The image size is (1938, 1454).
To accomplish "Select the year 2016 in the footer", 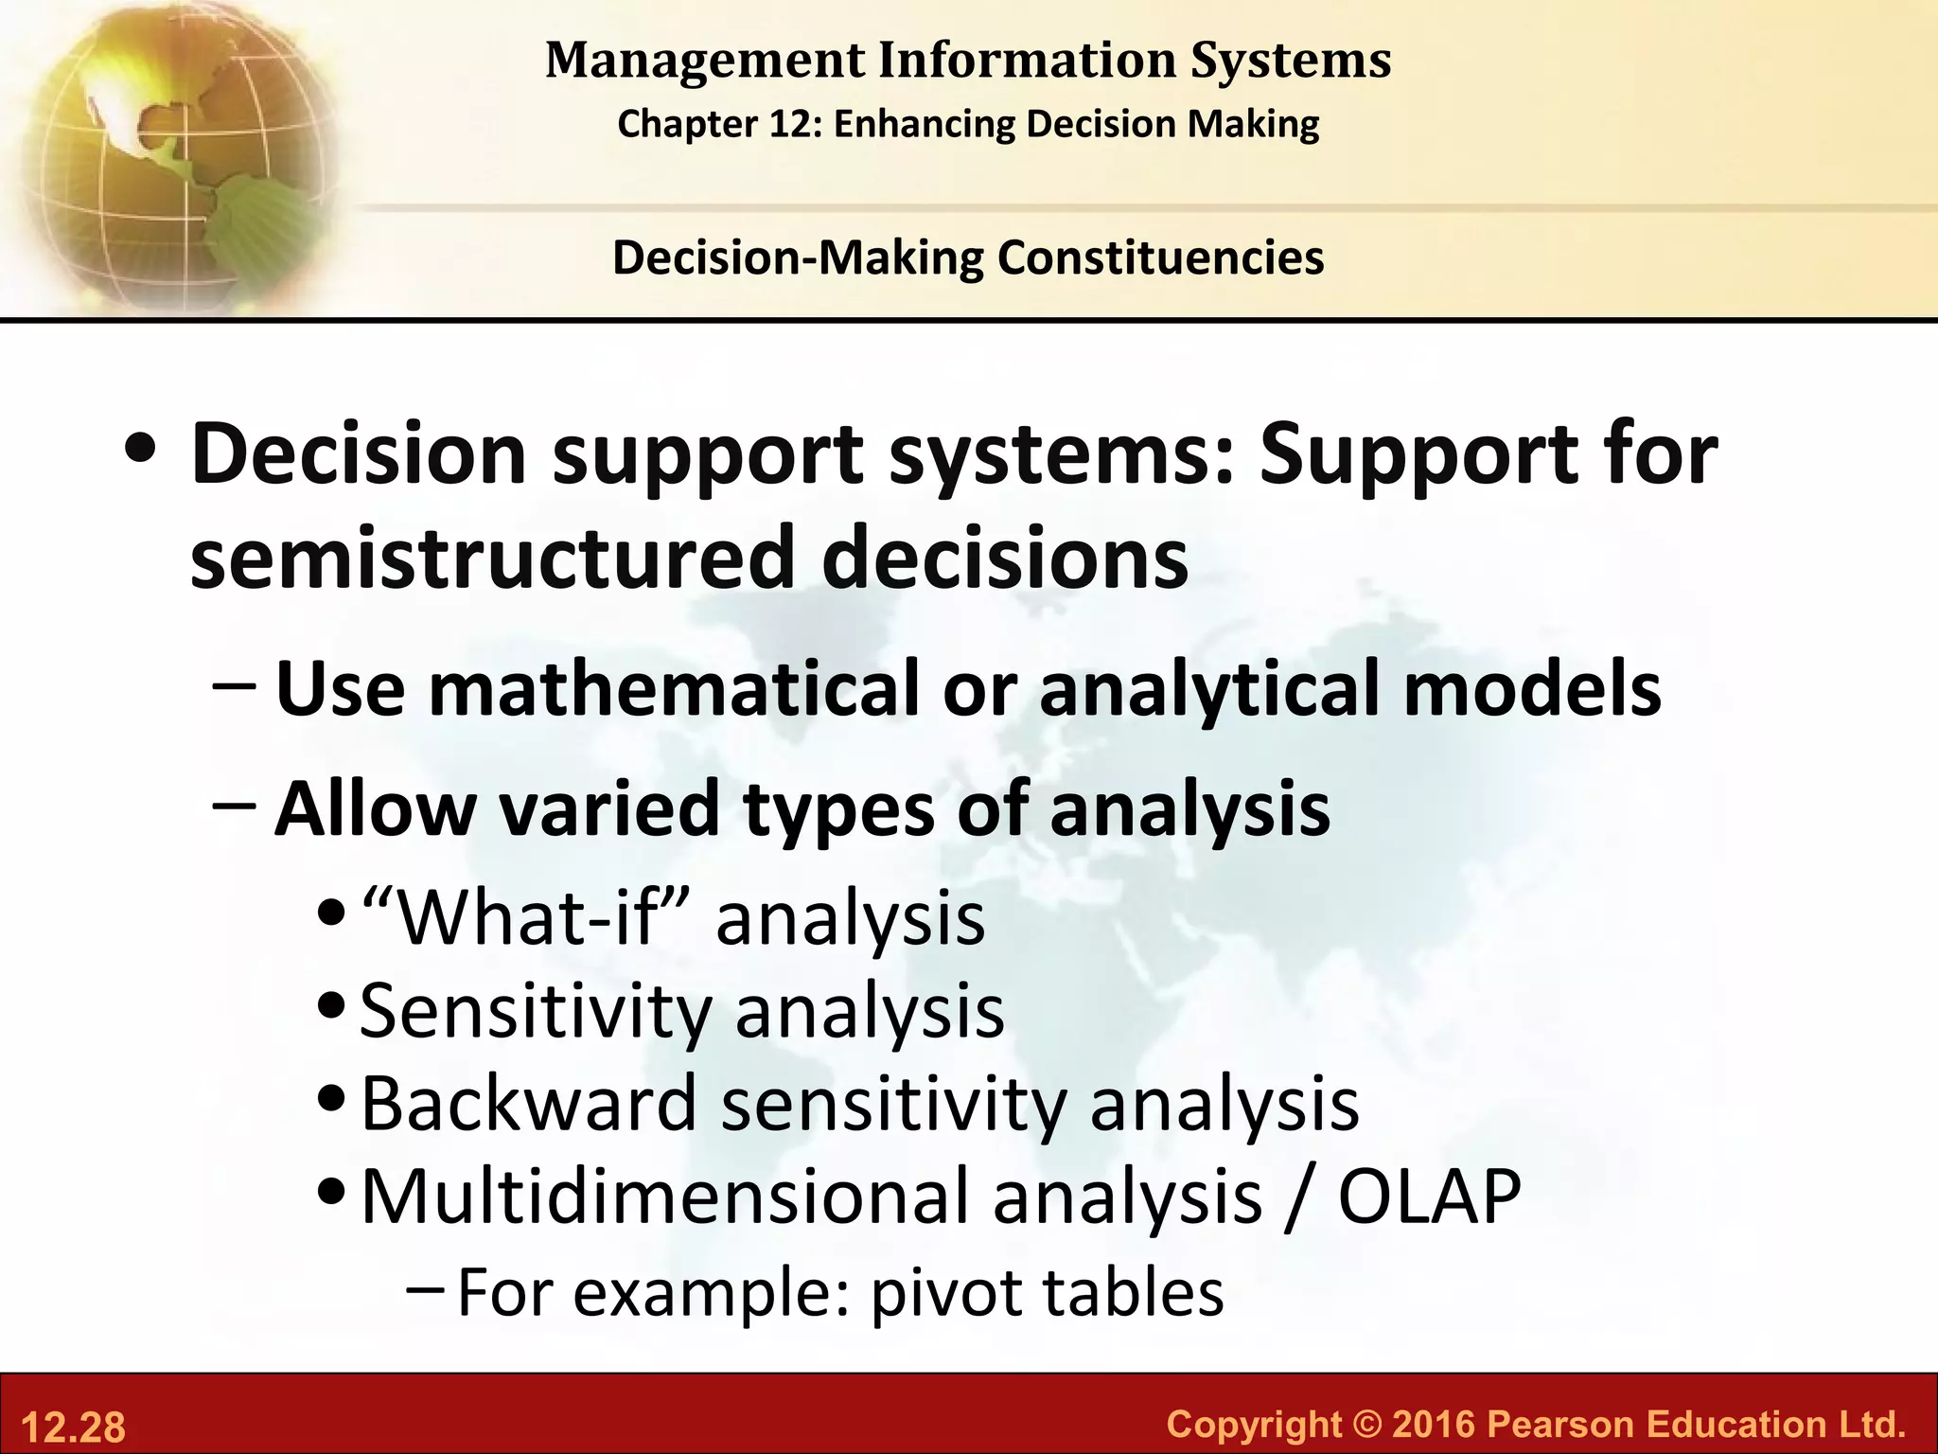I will tap(1433, 1424).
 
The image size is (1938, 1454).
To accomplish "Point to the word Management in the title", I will tap(705, 60).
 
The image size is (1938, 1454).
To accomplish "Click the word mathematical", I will tap(674, 689).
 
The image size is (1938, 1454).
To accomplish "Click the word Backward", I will tap(529, 1104).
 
